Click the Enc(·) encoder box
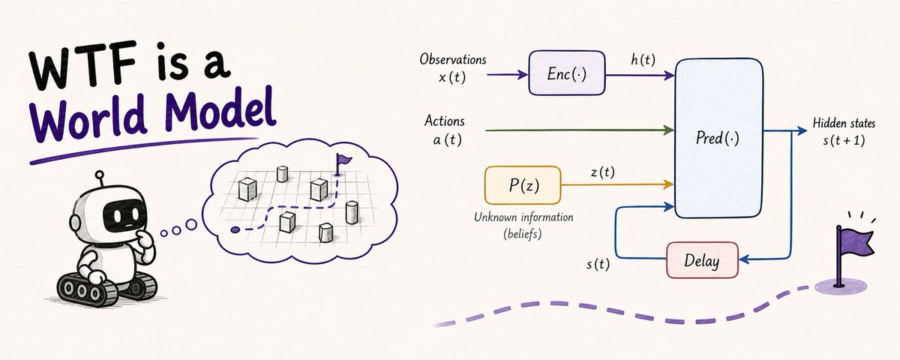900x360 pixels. [x=566, y=73]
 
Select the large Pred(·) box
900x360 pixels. [x=718, y=138]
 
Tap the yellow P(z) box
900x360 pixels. [x=523, y=185]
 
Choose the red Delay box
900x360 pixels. [x=702, y=260]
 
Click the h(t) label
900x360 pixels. [x=643, y=60]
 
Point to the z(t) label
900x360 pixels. [x=603, y=172]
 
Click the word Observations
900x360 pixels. [x=453, y=59]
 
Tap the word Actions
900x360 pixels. [x=444, y=121]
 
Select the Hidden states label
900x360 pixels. [x=844, y=123]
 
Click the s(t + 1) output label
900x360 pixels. [x=844, y=141]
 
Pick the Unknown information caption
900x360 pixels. [x=523, y=217]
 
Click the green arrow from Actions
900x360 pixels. [x=580, y=130]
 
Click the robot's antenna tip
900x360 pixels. [x=99, y=175]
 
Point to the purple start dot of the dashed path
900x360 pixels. [x=235, y=229]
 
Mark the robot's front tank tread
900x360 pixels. [x=87, y=290]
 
